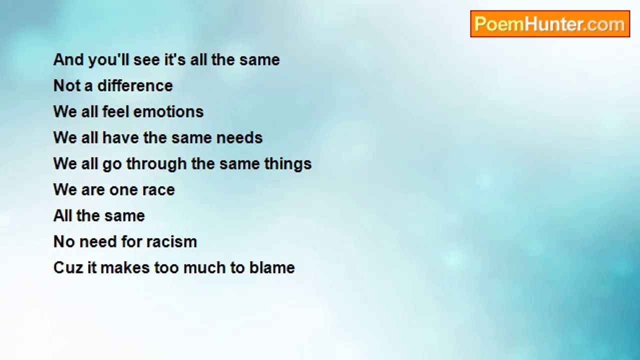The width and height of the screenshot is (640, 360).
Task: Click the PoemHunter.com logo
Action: pos(550,24)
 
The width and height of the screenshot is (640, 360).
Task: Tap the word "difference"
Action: pos(135,85)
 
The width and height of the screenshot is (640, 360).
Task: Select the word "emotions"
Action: pos(168,111)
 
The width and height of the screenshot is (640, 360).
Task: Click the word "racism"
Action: pos(171,241)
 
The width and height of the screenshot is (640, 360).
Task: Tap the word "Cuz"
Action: pos(67,267)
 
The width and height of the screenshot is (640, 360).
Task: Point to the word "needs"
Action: pos(239,137)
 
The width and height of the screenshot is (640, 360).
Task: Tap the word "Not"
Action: pos(66,85)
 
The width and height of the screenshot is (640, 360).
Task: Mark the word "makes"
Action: pos(125,267)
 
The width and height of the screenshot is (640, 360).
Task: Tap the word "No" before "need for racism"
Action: pos(64,241)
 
